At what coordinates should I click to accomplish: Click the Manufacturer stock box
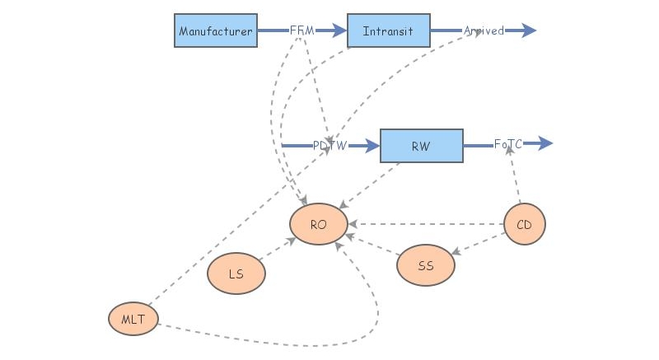coord(216,30)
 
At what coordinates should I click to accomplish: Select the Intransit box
coord(388,30)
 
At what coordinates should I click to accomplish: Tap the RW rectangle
coord(421,146)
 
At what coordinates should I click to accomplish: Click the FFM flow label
coord(302,30)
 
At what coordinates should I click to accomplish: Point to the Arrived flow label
coord(484,30)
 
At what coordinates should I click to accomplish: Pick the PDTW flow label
coord(329,146)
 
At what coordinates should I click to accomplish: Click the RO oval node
coord(319,224)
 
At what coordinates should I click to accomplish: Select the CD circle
coord(525,224)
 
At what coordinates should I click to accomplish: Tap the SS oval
coord(426,265)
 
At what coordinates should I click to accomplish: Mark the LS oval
coord(236,274)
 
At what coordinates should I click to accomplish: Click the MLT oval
coord(133,319)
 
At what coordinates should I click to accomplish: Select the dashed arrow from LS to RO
coord(278,250)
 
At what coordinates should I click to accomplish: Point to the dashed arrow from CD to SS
coord(478,244)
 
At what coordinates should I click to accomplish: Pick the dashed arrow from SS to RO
coord(373,245)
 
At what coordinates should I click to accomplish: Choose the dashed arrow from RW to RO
coord(372,184)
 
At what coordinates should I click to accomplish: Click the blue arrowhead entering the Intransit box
coord(338,30)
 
